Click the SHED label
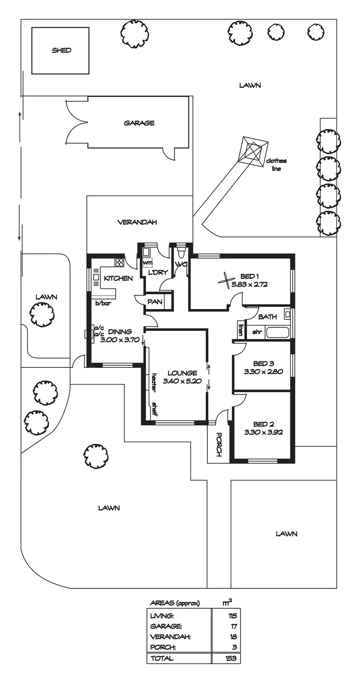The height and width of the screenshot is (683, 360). pyautogui.click(x=61, y=50)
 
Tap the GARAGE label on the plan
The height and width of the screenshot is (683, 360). pyautogui.click(x=139, y=123)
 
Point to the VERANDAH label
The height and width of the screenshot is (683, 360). pyautogui.click(x=137, y=222)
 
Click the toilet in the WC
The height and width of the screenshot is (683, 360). pyautogui.click(x=181, y=252)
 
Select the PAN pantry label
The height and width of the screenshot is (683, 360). pyautogui.click(x=154, y=302)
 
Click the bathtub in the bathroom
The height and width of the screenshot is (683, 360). pyautogui.click(x=277, y=332)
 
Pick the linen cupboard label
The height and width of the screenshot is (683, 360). pyautogui.click(x=240, y=331)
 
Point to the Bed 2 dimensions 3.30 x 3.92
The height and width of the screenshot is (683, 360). pyautogui.click(x=262, y=431)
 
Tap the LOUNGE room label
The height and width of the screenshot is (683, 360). pyautogui.click(x=182, y=373)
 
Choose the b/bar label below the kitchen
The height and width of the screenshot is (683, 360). pyautogui.click(x=103, y=303)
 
